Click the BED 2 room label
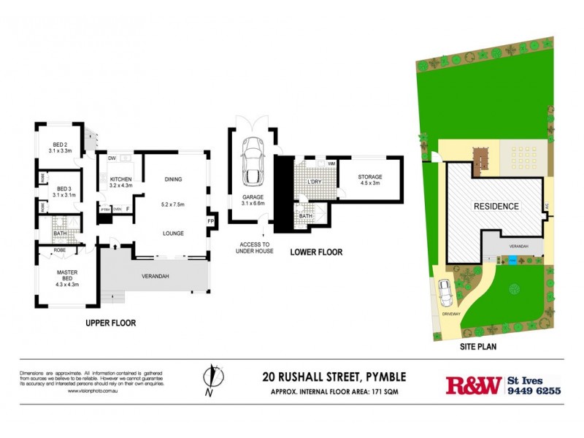tap(60, 144)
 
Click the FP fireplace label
tap(210, 221)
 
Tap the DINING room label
tap(172, 179)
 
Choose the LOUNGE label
tap(172, 233)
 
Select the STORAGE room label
tap(370, 177)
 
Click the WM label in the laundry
tap(331, 164)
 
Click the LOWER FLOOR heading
tap(316, 253)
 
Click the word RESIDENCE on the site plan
tap(496, 207)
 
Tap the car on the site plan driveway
tap(445, 293)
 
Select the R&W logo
tap(473, 385)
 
